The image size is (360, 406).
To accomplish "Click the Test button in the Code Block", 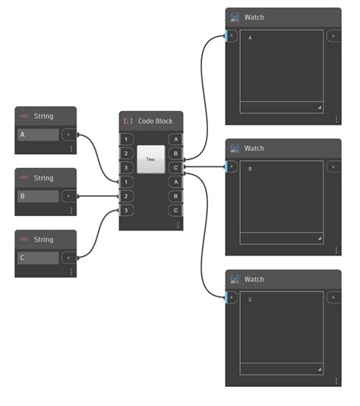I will [x=150, y=160].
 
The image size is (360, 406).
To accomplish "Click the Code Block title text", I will [x=155, y=121].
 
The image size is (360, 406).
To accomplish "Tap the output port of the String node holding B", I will [x=69, y=196].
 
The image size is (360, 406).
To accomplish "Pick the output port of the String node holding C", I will [x=69, y=258].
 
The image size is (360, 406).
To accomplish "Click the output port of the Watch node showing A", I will [x=333, y=36].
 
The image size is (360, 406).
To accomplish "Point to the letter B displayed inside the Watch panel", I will [x=251, y=169].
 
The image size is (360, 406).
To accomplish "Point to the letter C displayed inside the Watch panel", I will [x=251, y=300].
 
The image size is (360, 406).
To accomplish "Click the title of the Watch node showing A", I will [x=254, y=17].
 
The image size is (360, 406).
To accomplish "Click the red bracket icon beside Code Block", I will [x=128, y=121].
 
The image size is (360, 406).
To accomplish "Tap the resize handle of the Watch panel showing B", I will [x=319, y=238].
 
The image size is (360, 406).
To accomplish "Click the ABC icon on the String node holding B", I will [x=24, y=178].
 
